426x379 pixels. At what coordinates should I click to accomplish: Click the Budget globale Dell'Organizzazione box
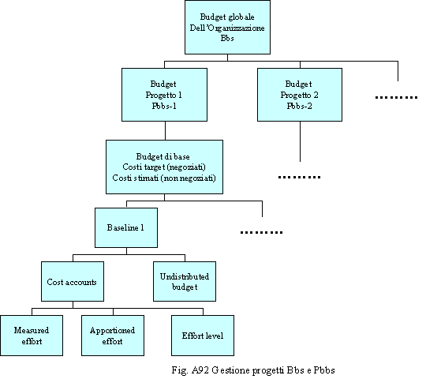[x=227, y=27]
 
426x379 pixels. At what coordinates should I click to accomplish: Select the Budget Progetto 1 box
[x=164, y=95]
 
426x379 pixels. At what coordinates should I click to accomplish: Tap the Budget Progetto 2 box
[x=300, y=95]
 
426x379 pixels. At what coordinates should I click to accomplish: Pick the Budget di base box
[x=164, y=167]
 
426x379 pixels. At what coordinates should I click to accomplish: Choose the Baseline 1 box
[x=126, y=228]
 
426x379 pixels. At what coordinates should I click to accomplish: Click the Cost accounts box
[x=73, y=281]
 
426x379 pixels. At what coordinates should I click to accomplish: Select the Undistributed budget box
[x=185, y=281]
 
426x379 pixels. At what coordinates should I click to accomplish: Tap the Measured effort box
[x=32, y=336]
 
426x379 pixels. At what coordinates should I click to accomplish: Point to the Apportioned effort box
[x=113, y=336]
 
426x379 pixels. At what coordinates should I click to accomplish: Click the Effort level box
[x=203, y=336]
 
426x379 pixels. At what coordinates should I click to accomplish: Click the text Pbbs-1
[x=164, y=106]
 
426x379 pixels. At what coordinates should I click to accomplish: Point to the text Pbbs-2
[x=300, y=106]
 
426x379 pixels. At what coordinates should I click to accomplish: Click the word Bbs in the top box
[x=227, y=38]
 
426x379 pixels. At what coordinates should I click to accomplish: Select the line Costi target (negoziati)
[x=164, y=167]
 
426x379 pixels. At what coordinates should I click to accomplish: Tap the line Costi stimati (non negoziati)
[x=164, y=178]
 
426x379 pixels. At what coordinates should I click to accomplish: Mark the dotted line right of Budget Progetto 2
[x=396, y=97]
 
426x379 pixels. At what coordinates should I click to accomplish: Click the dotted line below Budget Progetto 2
[x=300, y=178]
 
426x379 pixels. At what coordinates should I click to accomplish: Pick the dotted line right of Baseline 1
[x=261, y=232]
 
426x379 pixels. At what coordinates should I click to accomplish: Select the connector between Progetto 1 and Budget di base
[x=165, y=131]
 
